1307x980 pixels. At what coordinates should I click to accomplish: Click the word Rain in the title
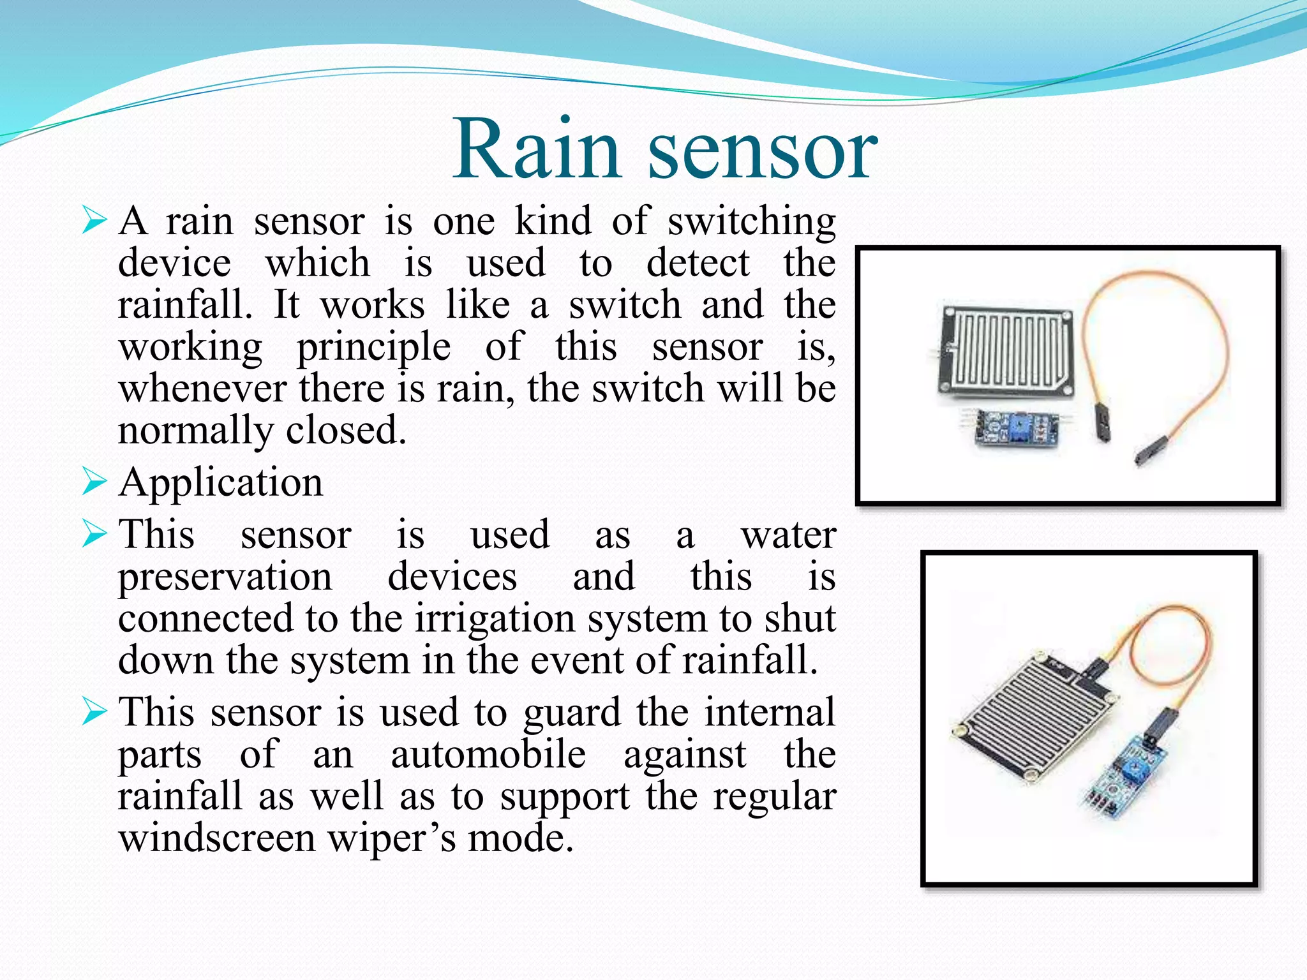pos(536,150)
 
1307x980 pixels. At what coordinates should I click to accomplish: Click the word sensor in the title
pos(763,153)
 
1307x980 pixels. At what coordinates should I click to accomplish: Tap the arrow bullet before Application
pos(94,482)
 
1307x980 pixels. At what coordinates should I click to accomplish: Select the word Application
pos(221,482)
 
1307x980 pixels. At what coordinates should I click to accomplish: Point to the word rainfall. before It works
pos(185,305)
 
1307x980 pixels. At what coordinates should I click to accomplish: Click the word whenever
pos(202,389)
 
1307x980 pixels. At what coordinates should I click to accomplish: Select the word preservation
pos(225,578)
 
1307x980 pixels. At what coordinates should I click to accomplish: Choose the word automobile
pos(488,755)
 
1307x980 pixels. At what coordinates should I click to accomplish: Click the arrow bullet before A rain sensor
pos(94,221)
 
